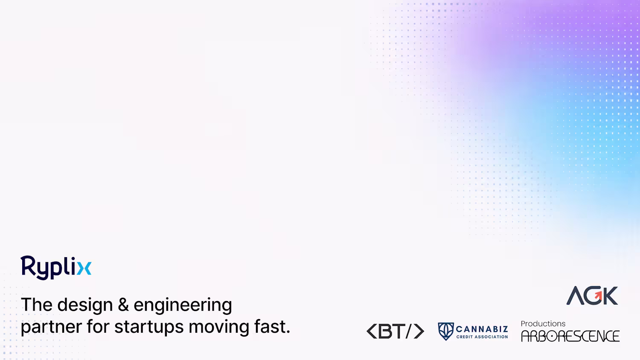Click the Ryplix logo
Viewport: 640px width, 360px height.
[x=56, y=268]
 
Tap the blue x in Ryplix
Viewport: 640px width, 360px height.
[x=84, y=268]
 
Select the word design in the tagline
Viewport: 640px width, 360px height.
[x=85, y=305]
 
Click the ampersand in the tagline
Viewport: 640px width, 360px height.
[x=123, y=305]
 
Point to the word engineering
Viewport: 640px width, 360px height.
[x=183, y=305]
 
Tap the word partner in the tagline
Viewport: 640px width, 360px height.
[x=51, y=327]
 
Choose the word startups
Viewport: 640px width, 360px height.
[x=149, y=327]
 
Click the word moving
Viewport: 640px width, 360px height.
[x=219, y=327]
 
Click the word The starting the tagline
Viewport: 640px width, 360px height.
[x=37, y=305]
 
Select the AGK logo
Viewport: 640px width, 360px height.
[x=592, y=296]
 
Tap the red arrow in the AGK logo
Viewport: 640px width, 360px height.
[x=598, y=295]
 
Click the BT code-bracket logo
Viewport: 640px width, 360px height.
[x=396, y=331]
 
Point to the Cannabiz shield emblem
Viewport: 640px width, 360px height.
[x=446, y=331]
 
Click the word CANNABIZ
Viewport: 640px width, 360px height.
[x=482, y=329]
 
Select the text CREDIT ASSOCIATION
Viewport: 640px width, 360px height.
[x=482, y=337]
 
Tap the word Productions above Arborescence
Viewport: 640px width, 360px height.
[x=543, y=324]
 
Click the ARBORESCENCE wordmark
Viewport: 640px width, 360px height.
[x=570, y=336]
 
